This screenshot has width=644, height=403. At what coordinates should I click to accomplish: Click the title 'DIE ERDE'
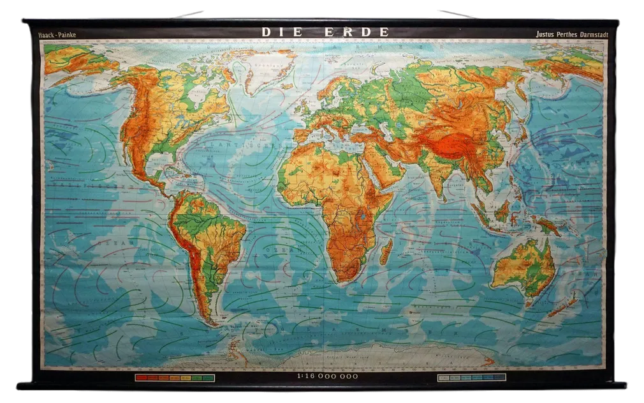325,32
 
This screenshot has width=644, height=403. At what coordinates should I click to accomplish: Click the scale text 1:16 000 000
327,376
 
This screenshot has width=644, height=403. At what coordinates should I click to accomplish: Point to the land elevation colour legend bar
175,377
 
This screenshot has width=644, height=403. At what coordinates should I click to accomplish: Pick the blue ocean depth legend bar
472,377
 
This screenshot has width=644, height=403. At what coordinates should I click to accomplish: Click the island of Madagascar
386,252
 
